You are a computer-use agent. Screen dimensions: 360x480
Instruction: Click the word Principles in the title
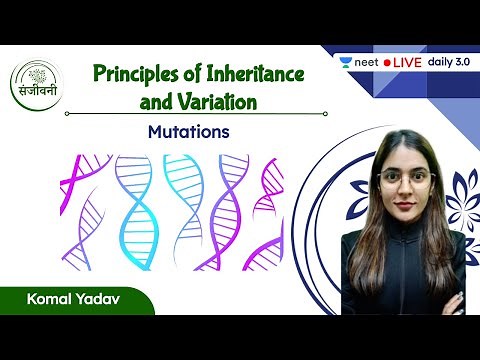pos(132,74)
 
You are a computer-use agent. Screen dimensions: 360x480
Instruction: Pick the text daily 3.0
pos(453,62)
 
